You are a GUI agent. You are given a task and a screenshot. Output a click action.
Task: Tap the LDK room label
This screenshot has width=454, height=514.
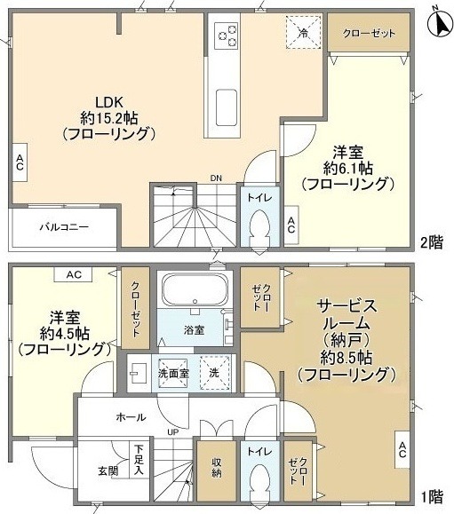pyautogui.click(x=109, y=103)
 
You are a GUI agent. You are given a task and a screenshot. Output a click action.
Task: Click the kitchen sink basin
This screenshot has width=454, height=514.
pyautogui.click(x=227, y=107)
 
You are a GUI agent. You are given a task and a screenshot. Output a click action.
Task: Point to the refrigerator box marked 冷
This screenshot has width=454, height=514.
pyautogui.click(x=304, y=32)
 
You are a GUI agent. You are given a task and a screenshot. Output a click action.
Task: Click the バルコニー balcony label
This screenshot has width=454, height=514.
pyautogui.click(x=64, y=227)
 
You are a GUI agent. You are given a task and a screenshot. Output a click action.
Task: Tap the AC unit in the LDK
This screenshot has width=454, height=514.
pyautogui.click(x=20, y=162)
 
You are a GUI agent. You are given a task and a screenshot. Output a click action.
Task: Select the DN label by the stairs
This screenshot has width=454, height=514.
pyautogui.click(x=216, y=178)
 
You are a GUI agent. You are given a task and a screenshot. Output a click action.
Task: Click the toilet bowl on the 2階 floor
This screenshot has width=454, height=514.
pyautogui.click(x=259, y=230)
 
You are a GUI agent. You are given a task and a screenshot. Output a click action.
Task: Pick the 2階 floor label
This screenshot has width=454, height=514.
pyautogui.click(x=432, y=243)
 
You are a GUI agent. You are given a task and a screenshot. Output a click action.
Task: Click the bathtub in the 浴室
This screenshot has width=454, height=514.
pyautogui.click(x=195, y=289)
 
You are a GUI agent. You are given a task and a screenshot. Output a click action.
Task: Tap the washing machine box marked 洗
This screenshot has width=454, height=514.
pyautogui.click(x=214, y=373)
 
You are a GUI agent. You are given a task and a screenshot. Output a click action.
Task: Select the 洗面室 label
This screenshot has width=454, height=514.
pyautogui.click(x=173, y=374)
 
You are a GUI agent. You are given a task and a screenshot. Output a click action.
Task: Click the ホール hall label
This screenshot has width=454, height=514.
pyautogui.click(x=131, y=417)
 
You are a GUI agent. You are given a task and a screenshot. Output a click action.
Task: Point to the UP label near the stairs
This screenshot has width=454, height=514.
pyautogui.click(x=173, y=432)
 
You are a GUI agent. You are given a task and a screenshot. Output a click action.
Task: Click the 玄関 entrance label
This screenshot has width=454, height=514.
pyautogui.click(x=108, y=471)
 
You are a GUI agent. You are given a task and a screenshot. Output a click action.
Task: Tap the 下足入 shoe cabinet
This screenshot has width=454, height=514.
pyautogui.click(x=139, y=460)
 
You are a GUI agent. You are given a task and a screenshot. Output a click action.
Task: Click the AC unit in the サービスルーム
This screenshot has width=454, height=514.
pyautogui.click(x=402, y=449)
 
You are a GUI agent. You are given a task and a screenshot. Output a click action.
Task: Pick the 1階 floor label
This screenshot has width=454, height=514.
pyautogui.click(x=432, y=496)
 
